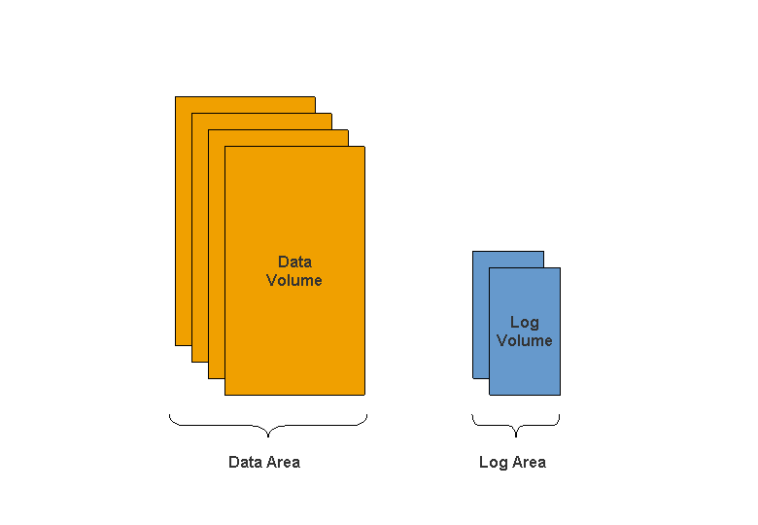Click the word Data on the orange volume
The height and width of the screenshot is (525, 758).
pyautogui.click(x=294, y=262)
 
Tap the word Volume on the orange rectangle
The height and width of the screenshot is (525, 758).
pyautogui.click(x=294, y=280)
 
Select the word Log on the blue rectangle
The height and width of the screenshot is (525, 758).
pyautogui.click(x=524, y=322)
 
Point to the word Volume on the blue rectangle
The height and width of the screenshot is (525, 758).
pyautogui.click(x=524, y=340)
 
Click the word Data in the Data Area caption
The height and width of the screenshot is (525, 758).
pyautogui.click(x=245, y=462)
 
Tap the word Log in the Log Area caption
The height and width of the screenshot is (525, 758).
pyautogui.click(x=493, y=462)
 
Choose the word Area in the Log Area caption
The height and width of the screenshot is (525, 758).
pyautogui.click(x=529, y=462)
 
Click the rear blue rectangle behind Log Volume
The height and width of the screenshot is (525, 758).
pyautogui.click(x=480, y=311)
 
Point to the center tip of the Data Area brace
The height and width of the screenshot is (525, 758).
pyautogui.click(x=267, y=436)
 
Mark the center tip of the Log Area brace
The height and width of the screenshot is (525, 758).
pyautogui.click(x=515, y=436)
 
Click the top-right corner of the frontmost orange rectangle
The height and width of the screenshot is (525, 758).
pyautogui.click(x=364, y=147)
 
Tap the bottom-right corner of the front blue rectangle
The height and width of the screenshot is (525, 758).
pyautogui.click(x=560, y=395)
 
